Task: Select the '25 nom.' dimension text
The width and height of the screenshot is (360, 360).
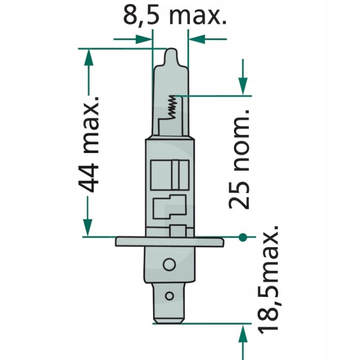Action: [x=239, y=159]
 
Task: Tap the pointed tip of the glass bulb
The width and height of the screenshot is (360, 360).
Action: [x=171, y=49]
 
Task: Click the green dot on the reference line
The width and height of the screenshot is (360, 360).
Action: [x=242, y=237]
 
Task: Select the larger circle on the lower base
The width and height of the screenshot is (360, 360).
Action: [x=169, y=264]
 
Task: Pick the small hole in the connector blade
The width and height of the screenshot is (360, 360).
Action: [x=169, y=296]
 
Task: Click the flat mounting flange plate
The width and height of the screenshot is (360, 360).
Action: [x=169, y=242]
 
